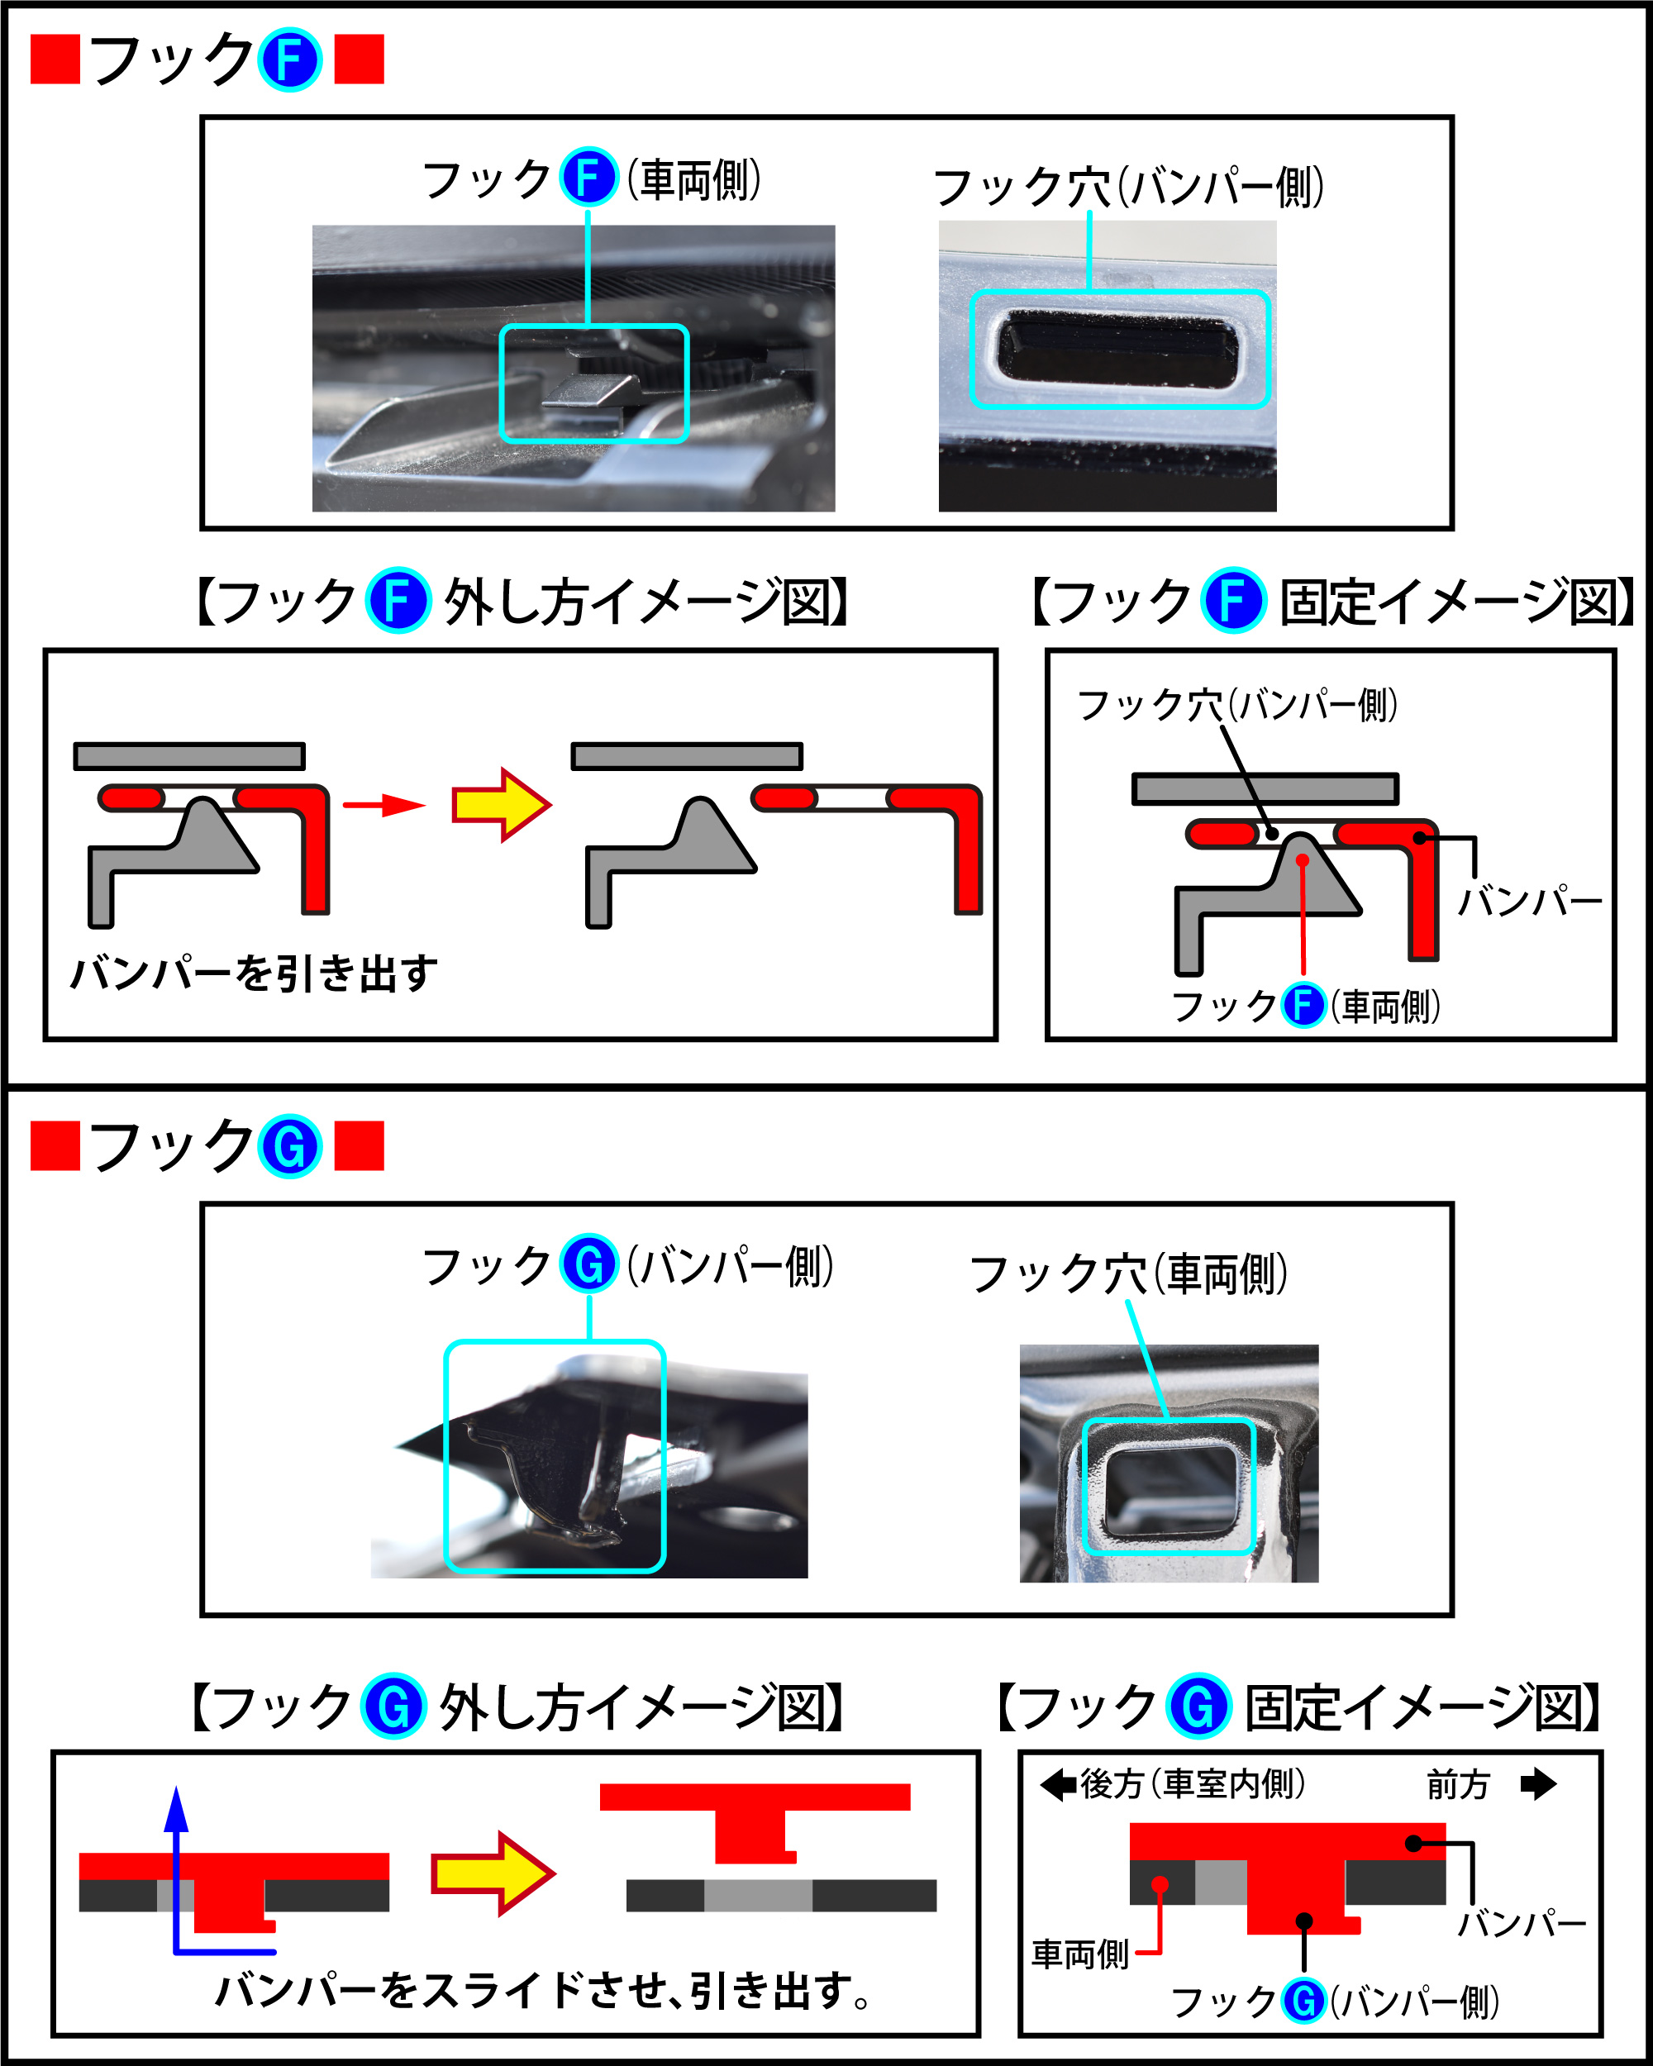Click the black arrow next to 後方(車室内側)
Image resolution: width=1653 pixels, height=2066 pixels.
[1058, 1784]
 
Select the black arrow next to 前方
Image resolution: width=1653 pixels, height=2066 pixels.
[1538, 1784]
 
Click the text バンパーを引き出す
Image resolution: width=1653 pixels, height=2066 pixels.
[255, 973]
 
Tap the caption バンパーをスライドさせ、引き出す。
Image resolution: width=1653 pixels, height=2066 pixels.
[542, 1992]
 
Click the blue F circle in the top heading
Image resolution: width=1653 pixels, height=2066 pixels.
[289, 60]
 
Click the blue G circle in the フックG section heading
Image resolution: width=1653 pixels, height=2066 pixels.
[289, 1147]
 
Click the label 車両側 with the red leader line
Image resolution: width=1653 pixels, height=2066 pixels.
[1080, 1954]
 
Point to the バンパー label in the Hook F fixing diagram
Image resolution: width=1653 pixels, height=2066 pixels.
[1529, 902]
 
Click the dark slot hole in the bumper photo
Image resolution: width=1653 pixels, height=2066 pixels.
[1117, 350]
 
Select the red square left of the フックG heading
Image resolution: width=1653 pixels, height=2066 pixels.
[55, 1147]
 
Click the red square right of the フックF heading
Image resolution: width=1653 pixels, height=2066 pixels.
[360, 60]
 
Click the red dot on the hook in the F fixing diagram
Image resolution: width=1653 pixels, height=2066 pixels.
[1303, 860]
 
